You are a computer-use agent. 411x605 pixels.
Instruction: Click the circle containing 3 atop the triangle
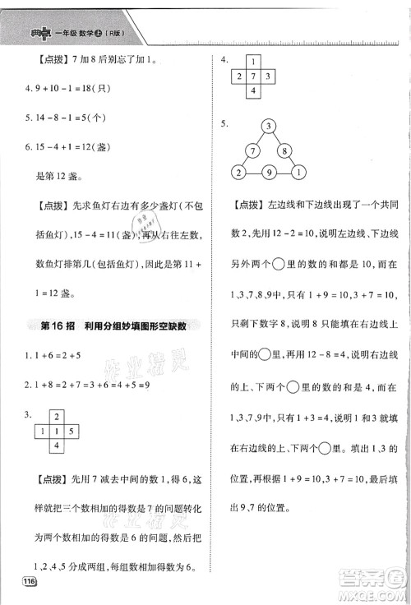pyautogui.click(x=268, y=126)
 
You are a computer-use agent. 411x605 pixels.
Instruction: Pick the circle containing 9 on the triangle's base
pyautogui.click(x=268, y=173)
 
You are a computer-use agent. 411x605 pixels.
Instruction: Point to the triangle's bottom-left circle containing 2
pyautogui.click(x=238, y=173)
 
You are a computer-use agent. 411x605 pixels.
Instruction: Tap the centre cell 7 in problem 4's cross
pyautogui.click(x=254, y=76)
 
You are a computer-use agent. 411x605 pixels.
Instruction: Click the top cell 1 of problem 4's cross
pyautogui.click(x=254, y=62)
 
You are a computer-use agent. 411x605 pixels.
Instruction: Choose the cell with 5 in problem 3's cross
pyautogui.click(x=71, y=431)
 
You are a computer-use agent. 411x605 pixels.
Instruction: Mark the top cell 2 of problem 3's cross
pyautogui.click(x=57, y=417)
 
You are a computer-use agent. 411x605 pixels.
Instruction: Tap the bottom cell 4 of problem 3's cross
pyautogui.click(x=57, y=446)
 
